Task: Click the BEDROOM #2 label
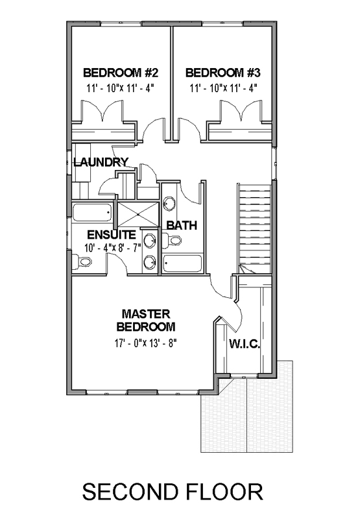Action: click(121, 73)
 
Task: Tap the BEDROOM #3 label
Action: click(223, 73)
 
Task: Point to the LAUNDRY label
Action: click(101, 162)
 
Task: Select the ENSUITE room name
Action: click(112, 235)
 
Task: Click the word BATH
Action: click(182, 225)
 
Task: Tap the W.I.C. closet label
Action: click(245, 344)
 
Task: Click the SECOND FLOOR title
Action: click(173, 492)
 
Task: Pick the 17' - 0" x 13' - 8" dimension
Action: click(144, 343)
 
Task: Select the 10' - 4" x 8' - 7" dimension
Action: click(113, 248)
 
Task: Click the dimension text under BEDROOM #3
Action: click(223, 88)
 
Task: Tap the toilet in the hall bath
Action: click(171, 240)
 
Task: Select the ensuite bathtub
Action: click(92, 212)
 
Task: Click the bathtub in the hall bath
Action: click(182, 264)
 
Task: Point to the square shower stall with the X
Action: click(138, 214)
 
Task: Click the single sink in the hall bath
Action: click(169, 204)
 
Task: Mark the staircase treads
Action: click(255, 228)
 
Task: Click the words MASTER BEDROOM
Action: click(145, 320)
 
